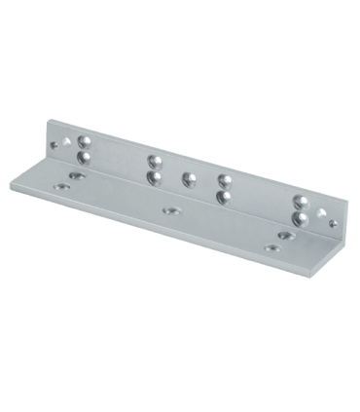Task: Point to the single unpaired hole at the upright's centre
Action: (x=186, y=178)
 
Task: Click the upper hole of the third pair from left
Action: (x=222, y=179)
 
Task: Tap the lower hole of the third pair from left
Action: (x=222, y=196)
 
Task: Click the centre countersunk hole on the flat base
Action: (x=172, y=209)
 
